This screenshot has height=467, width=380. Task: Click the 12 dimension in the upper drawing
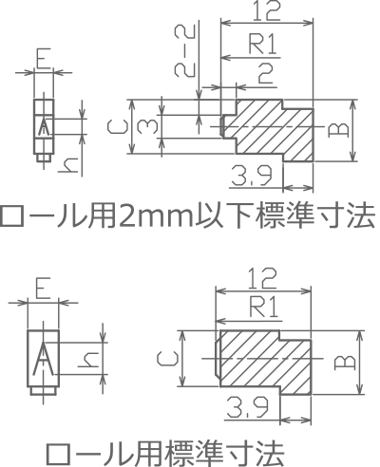[x=267, y=10]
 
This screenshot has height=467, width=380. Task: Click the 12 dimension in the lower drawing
[x=262, y=278]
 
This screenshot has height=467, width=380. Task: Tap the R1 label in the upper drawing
[x=263, y=44]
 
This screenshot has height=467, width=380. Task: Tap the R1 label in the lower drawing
[x=264, y=307]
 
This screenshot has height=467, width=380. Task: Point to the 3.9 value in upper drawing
[x=252, y=176]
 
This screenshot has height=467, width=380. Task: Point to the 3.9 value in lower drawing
[x=248, y=407]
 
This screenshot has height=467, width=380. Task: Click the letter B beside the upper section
[x=338, y=130]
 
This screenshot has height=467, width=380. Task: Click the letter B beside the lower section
[x=345, y=363]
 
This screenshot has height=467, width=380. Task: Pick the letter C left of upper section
[x=117, y=127]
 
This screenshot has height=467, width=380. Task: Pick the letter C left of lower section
[x=167, y=359]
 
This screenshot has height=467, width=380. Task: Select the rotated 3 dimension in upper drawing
[x=147, y=126]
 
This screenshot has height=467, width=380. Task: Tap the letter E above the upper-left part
[x=44, y=58]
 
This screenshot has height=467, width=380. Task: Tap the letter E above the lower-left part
[x=43, y=289]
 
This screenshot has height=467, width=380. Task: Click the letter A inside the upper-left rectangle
[x=44, y=125]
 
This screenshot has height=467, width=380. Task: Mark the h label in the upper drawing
[x=68, y=166]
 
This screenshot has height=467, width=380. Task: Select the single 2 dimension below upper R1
[x=265, y=73]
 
